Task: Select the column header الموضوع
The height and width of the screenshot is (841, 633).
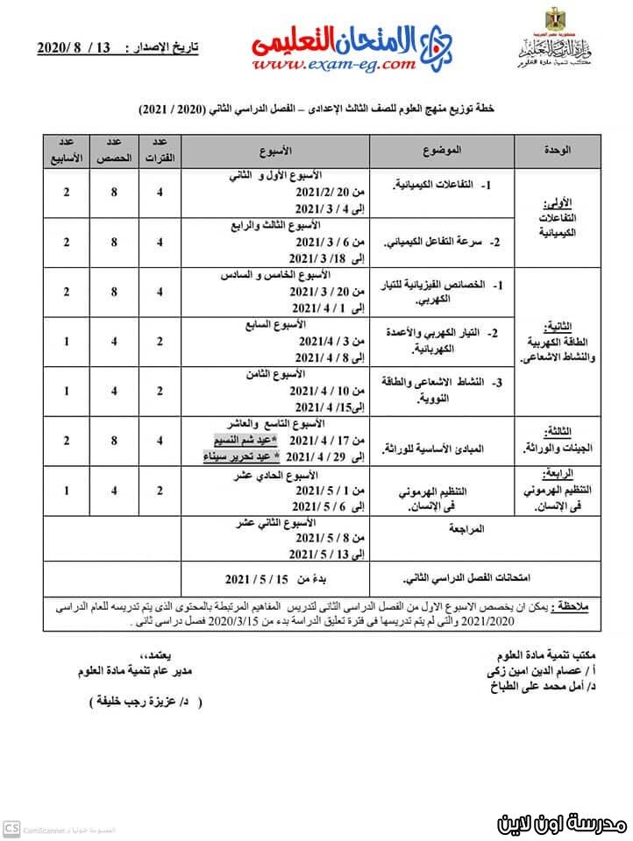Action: click(x=444, y=151)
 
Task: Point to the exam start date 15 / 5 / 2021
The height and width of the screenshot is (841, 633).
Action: click(x=263, y=580)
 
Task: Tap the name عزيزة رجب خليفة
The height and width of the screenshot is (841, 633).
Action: click(x=146, y=703)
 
